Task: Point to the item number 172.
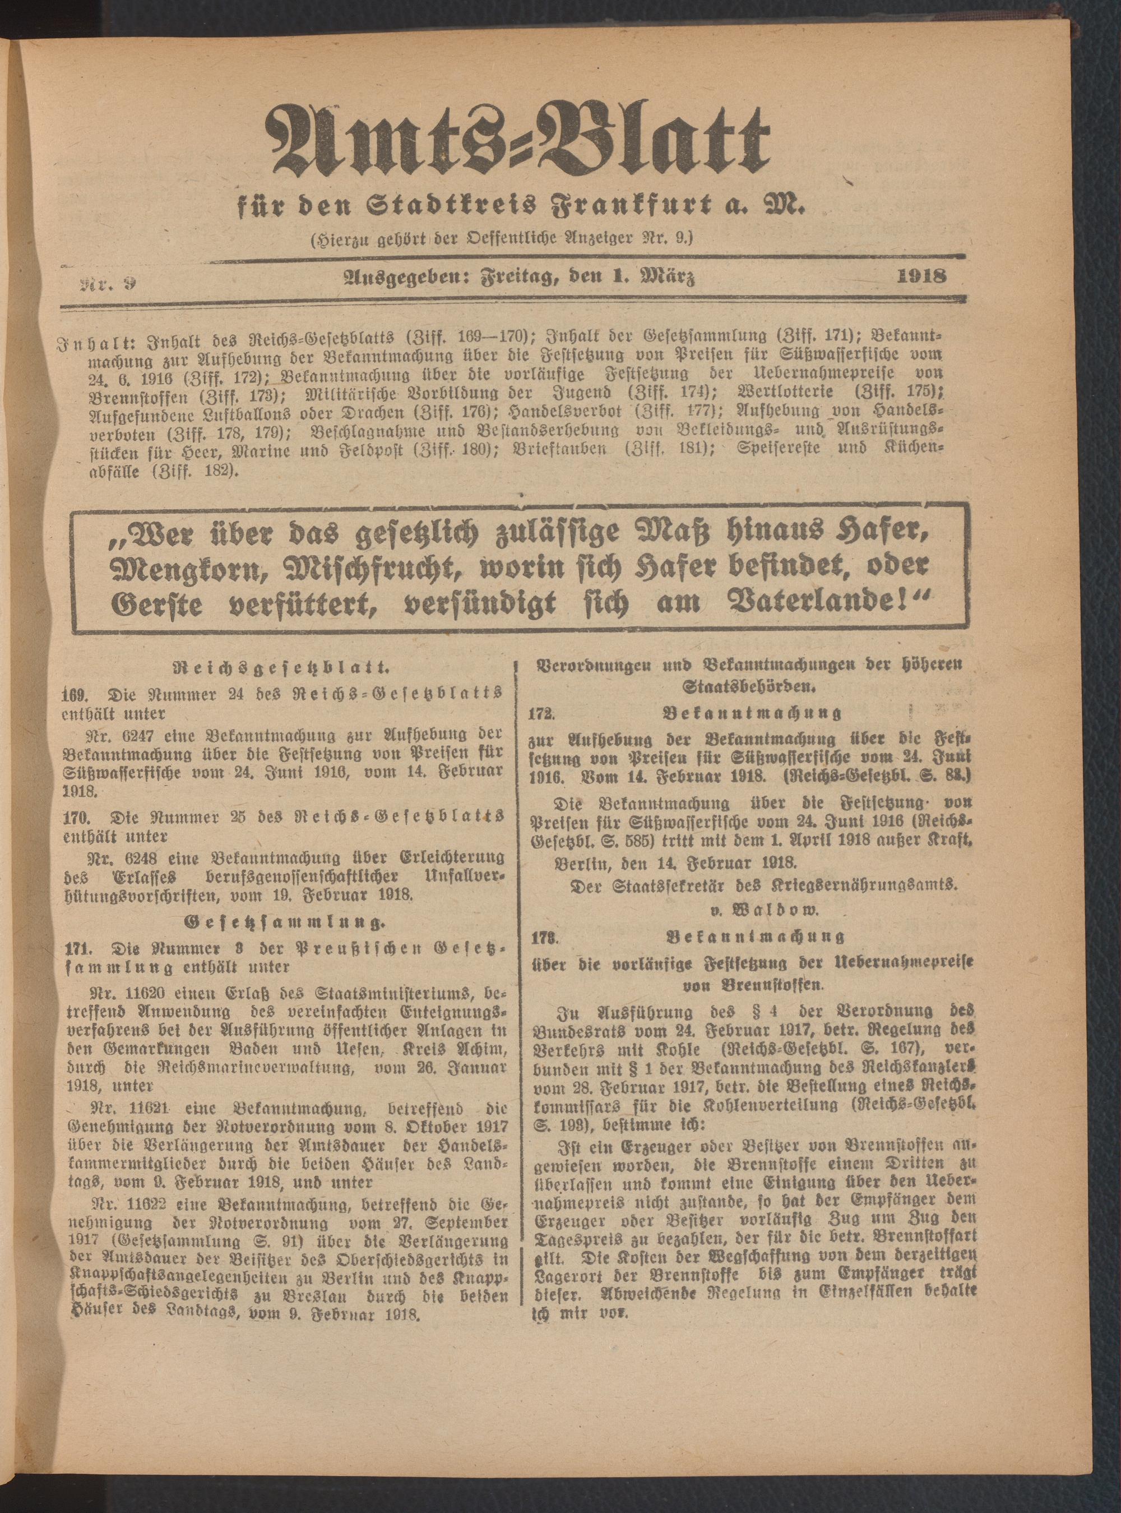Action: click(x=544, y=713)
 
